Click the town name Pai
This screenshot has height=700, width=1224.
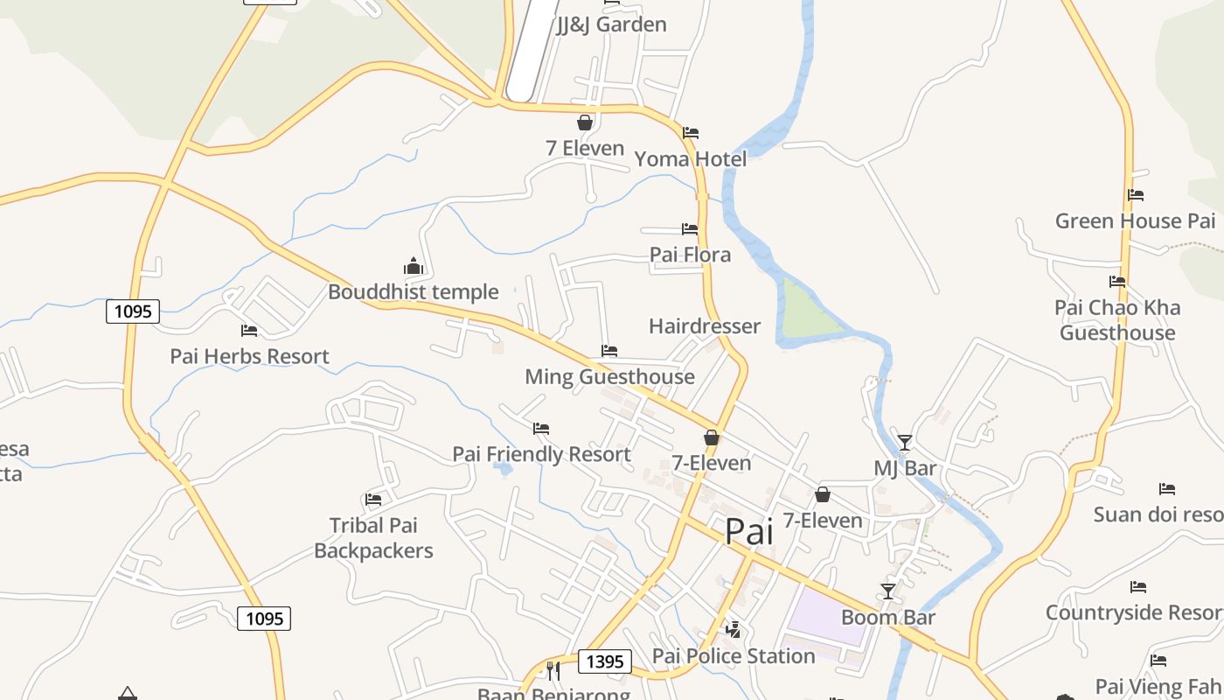pos(749,531)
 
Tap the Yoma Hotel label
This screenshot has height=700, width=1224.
pos(690,159)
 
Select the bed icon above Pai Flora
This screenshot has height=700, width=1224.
pos(690,229)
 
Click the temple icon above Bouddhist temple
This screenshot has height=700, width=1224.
pos(413,266)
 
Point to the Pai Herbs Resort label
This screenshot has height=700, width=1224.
pos(249,356)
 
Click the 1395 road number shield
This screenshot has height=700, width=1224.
pos(604,661)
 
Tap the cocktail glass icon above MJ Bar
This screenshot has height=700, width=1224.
pos(904,443)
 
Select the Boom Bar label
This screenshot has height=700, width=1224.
pos(888,618)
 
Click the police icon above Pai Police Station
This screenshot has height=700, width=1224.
pos(733,629)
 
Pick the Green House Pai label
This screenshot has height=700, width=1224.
pos(1135,220)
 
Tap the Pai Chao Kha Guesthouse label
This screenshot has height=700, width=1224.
pos(1117,320)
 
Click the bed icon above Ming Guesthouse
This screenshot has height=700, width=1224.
pos(609,351)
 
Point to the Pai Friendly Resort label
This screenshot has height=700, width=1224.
pos(541,454)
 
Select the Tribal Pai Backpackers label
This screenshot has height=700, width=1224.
pos(373,538)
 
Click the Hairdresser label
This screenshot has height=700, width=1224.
pos(704,326)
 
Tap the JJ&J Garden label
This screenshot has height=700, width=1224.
pos(611,24)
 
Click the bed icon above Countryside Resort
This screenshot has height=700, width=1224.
pos(1137,586)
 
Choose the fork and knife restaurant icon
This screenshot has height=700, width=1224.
pos(553,671)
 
